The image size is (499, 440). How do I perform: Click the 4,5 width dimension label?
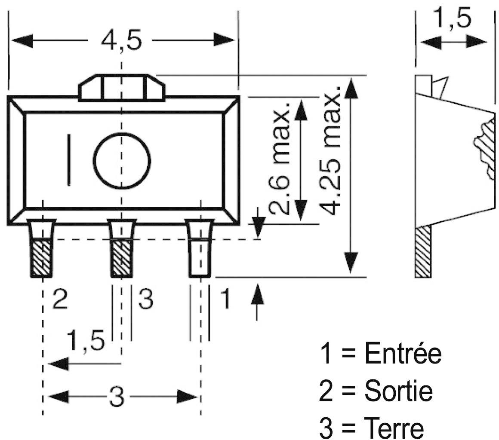[x=122, y=42]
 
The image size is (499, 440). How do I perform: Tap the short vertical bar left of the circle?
[x=69, y=160]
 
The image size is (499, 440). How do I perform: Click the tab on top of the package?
[x=122, y=88]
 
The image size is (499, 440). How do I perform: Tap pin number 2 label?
[x=60, y=299]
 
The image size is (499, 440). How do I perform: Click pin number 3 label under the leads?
[x=145, y=299]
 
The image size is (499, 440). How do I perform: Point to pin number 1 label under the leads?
[x=225, y=299]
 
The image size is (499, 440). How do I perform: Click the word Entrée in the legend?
[x=403, y=354]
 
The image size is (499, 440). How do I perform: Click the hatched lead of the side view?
[x=422, y=252]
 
